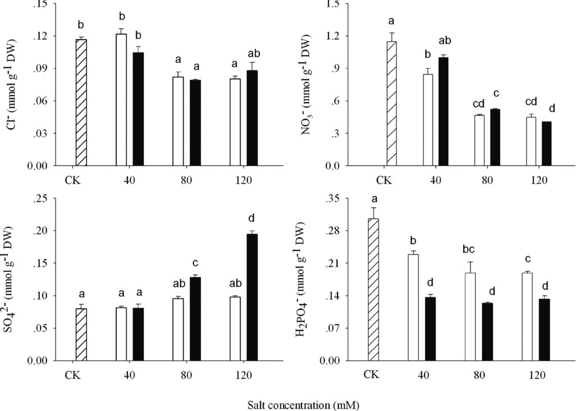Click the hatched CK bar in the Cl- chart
pyautogui.click(x=81, y=103)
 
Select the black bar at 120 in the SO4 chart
pyautogui.click(x=252, y=297)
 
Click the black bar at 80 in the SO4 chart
pyautogui.click(x=195, y=318)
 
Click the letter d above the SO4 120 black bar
pyautogui.click(x=252, y=218)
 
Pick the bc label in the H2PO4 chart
pyautogui.click(x=470, y=247)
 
